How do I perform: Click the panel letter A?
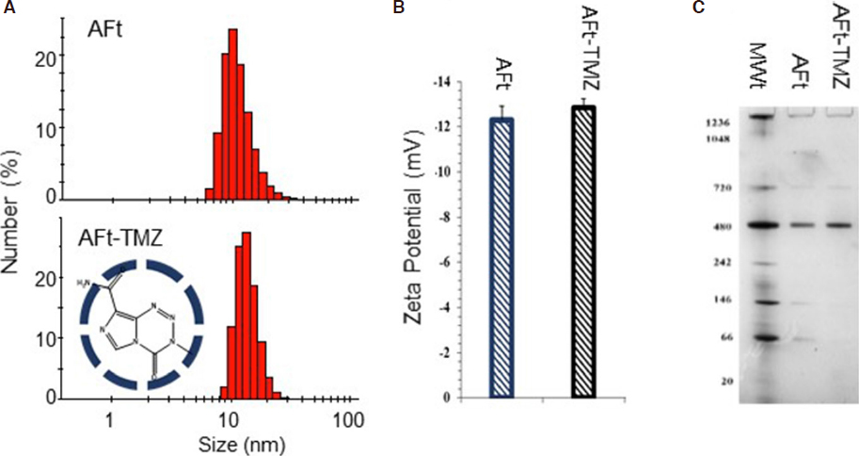[x=8, y=8]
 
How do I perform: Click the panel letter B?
[x=398, y=8]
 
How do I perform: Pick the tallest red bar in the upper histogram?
[x=232, y=114]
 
